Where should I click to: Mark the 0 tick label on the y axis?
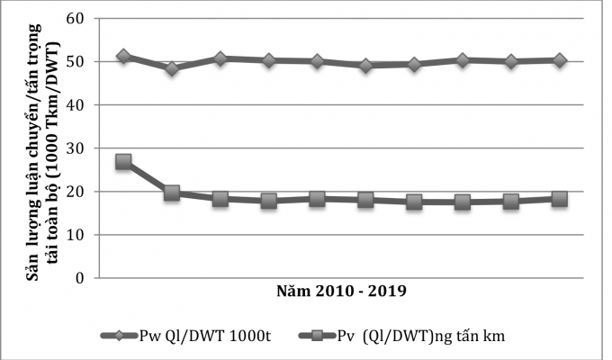pyautogui.click(x=78, y=277)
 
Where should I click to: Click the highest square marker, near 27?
pyautogui.click(x=123, y=162)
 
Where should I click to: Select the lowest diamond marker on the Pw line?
pyautogui.click(x=172, y=68)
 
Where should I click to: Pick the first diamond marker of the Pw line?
pyautogui.click(x=123, y=56)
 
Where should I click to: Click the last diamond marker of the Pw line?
pyautogui.click(x=560, y=60)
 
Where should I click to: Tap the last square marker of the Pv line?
pyautogui.click(x=560, y=199)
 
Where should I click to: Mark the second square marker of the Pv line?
pyautogui.click(x=172, y=193)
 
